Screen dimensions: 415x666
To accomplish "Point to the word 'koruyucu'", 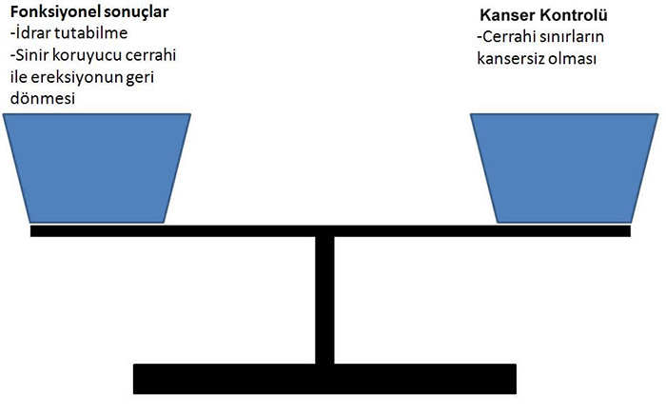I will tap(90, 54).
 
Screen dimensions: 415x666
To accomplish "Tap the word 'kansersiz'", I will tap(512, 59).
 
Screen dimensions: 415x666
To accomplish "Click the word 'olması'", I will tap(575, 59).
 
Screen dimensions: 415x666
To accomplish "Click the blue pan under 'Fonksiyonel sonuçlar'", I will tap(97, 168).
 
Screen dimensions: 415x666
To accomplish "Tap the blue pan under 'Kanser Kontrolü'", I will tap(565, 168).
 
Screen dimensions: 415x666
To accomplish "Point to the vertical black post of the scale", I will tap(324, 300).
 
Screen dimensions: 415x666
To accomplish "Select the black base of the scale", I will tap(325, 379).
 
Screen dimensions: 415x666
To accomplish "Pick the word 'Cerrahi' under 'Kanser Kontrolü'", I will tap(507, 38).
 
